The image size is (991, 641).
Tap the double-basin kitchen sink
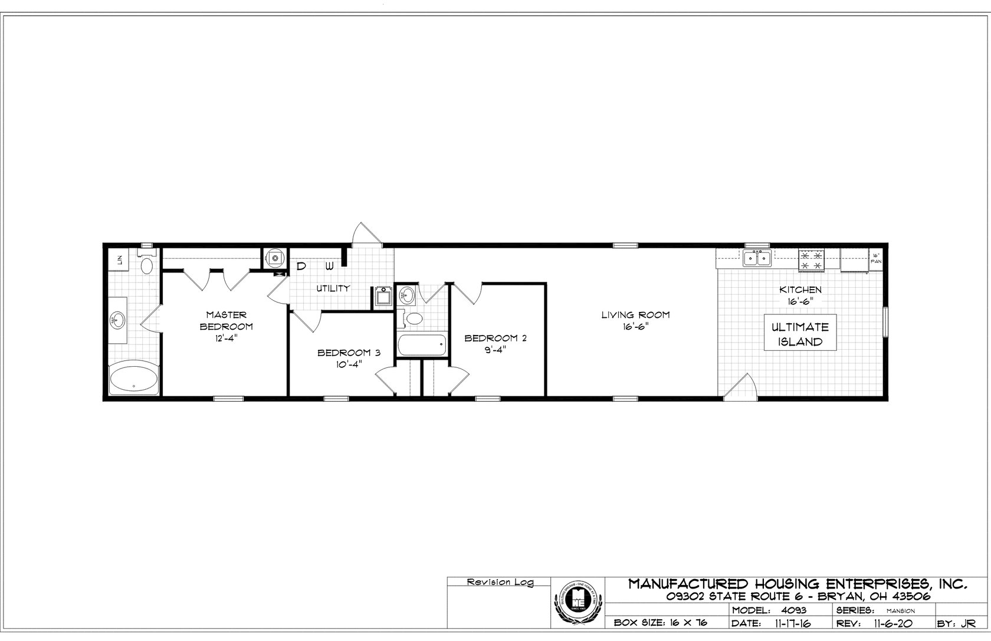(757, 258)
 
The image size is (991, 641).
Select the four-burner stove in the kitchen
(811, 260)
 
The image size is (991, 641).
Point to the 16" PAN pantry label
(877, 257)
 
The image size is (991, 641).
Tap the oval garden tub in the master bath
(134, 380)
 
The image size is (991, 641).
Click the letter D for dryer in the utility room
(301, 266)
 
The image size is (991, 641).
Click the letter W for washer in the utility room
(329, 266)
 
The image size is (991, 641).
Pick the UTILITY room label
(333, 288)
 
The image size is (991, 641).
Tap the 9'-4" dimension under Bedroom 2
(494, 349)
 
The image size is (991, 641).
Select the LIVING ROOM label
(635, 315)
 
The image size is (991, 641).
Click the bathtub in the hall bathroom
(422, 346)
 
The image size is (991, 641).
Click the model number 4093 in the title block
(795, 610)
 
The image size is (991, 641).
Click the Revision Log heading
(500, 582)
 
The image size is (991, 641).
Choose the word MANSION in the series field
(899, 611)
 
